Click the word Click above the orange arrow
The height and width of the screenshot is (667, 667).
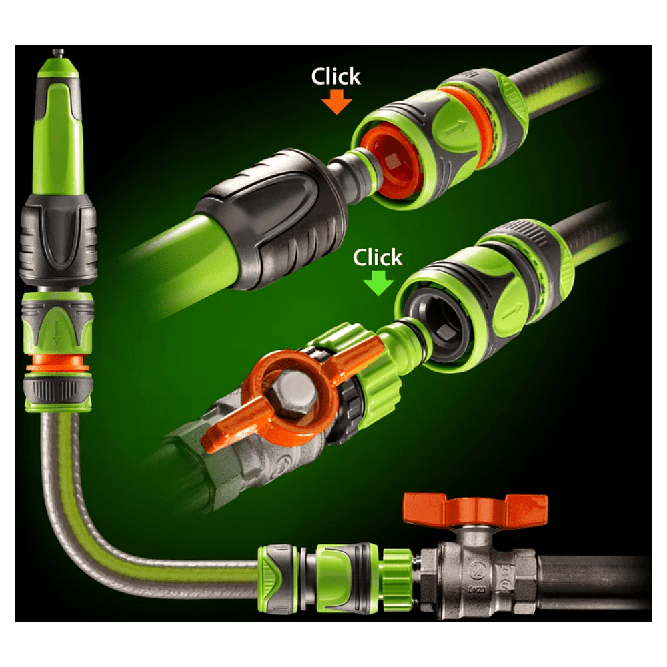click(x=336, y=77)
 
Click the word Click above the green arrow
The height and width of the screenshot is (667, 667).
click(x=378, y=257)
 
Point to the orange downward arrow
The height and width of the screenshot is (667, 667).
click(x=336, y=102)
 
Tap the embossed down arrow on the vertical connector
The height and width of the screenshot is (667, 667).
click(x=57, y=333)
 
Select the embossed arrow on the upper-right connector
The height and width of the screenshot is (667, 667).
click(x=456, y=127)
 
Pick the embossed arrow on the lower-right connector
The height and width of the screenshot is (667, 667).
click(x=512, y=311)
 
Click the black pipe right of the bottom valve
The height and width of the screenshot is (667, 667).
click(x=594, y=579)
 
